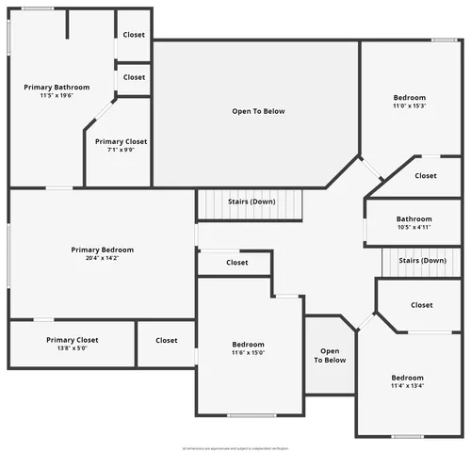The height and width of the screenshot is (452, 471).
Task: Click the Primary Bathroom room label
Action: (57, 87)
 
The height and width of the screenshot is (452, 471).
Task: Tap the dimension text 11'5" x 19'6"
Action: (57, 95)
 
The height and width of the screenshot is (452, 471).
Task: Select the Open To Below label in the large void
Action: (258, 111)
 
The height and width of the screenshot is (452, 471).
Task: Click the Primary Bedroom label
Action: (103, 250)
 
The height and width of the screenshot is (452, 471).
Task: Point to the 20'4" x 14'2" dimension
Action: (103, 258)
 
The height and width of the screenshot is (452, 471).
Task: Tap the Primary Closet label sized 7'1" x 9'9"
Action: (127, 141)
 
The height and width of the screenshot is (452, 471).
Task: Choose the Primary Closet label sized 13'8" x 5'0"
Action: (73, 340)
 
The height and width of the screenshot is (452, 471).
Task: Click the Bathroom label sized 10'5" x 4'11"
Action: (414, 218)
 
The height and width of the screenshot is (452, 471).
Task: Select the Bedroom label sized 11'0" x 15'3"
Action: (409, 97)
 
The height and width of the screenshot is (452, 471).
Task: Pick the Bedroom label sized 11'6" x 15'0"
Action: (249, 344)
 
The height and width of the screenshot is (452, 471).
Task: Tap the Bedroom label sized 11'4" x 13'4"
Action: (408, 377)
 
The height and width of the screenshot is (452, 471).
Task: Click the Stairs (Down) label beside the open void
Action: (252, 202)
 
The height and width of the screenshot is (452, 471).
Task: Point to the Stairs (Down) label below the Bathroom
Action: (422, 261)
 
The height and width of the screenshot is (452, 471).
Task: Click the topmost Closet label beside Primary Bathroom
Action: (134, 35)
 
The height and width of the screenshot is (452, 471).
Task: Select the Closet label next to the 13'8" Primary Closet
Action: (167, 340)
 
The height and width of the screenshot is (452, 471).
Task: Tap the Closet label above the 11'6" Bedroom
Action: (237, 263)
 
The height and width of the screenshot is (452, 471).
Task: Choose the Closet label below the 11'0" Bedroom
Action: (426, 175)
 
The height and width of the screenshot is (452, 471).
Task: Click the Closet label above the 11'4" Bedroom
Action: (422, 305)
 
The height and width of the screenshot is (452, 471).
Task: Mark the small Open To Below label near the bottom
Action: (330, 355)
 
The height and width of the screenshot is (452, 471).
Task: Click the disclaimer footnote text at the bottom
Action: (235, 448)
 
